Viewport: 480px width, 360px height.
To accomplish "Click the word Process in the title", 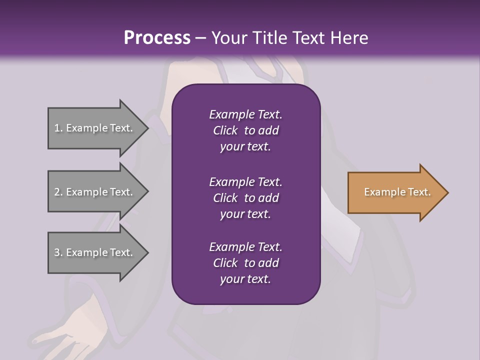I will point(157,37).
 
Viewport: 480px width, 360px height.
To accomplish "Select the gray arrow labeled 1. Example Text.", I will point(95,128).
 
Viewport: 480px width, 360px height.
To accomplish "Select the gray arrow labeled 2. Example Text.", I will point(95,192).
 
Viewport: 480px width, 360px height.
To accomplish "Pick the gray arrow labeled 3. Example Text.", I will point(95,252).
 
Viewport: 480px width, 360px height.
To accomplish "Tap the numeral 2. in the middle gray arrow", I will point(58,192).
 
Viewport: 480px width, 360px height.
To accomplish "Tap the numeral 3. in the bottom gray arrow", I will point(58,252).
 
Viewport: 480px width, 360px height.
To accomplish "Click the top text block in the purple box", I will point(245,130).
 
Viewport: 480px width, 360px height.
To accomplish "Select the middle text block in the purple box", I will point(245,198).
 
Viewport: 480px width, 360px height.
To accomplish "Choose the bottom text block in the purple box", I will point(245,263).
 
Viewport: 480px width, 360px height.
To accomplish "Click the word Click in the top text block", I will point(225,130).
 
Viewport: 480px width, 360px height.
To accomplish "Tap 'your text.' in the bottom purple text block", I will point(245,279).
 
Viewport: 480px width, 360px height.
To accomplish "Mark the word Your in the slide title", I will point(228,37).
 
